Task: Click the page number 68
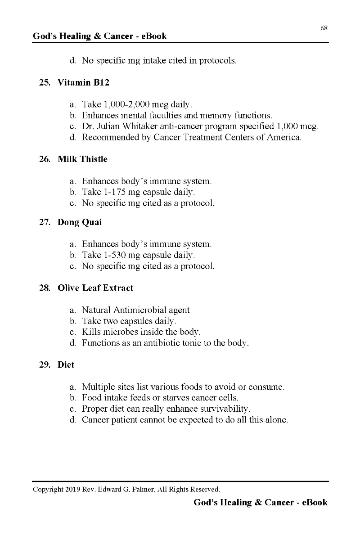coord(324,28)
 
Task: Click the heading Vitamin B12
coord(83,83)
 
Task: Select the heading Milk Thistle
coord(82,159)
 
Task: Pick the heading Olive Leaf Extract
coord(95,288)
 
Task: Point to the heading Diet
coord(66,365)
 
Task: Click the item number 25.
coord(45,83)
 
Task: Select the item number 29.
coord(45,365)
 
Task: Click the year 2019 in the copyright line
coord(72,489)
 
